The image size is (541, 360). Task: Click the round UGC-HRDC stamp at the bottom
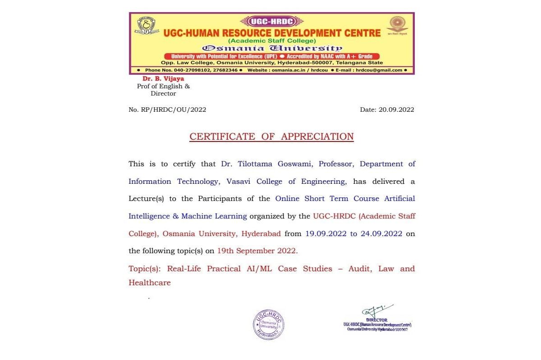click(x=268, y=324)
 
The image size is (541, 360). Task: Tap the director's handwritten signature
click(x=376, y=311)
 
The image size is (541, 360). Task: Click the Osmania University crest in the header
click(x=147, y=25)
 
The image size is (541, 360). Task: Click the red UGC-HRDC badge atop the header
click(x=272, y=21)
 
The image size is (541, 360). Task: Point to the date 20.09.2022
click(x=396, y=109)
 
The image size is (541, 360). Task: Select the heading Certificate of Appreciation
click(x=271, y=137)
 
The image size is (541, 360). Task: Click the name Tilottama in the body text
click(x=253, y=164)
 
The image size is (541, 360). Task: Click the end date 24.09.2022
click(x=381, y=234)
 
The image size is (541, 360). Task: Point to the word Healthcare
click(x=150, y=283)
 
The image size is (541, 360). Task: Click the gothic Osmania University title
click(x=272, y=48)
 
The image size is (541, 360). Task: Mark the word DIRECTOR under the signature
click(x=376, y=320)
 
